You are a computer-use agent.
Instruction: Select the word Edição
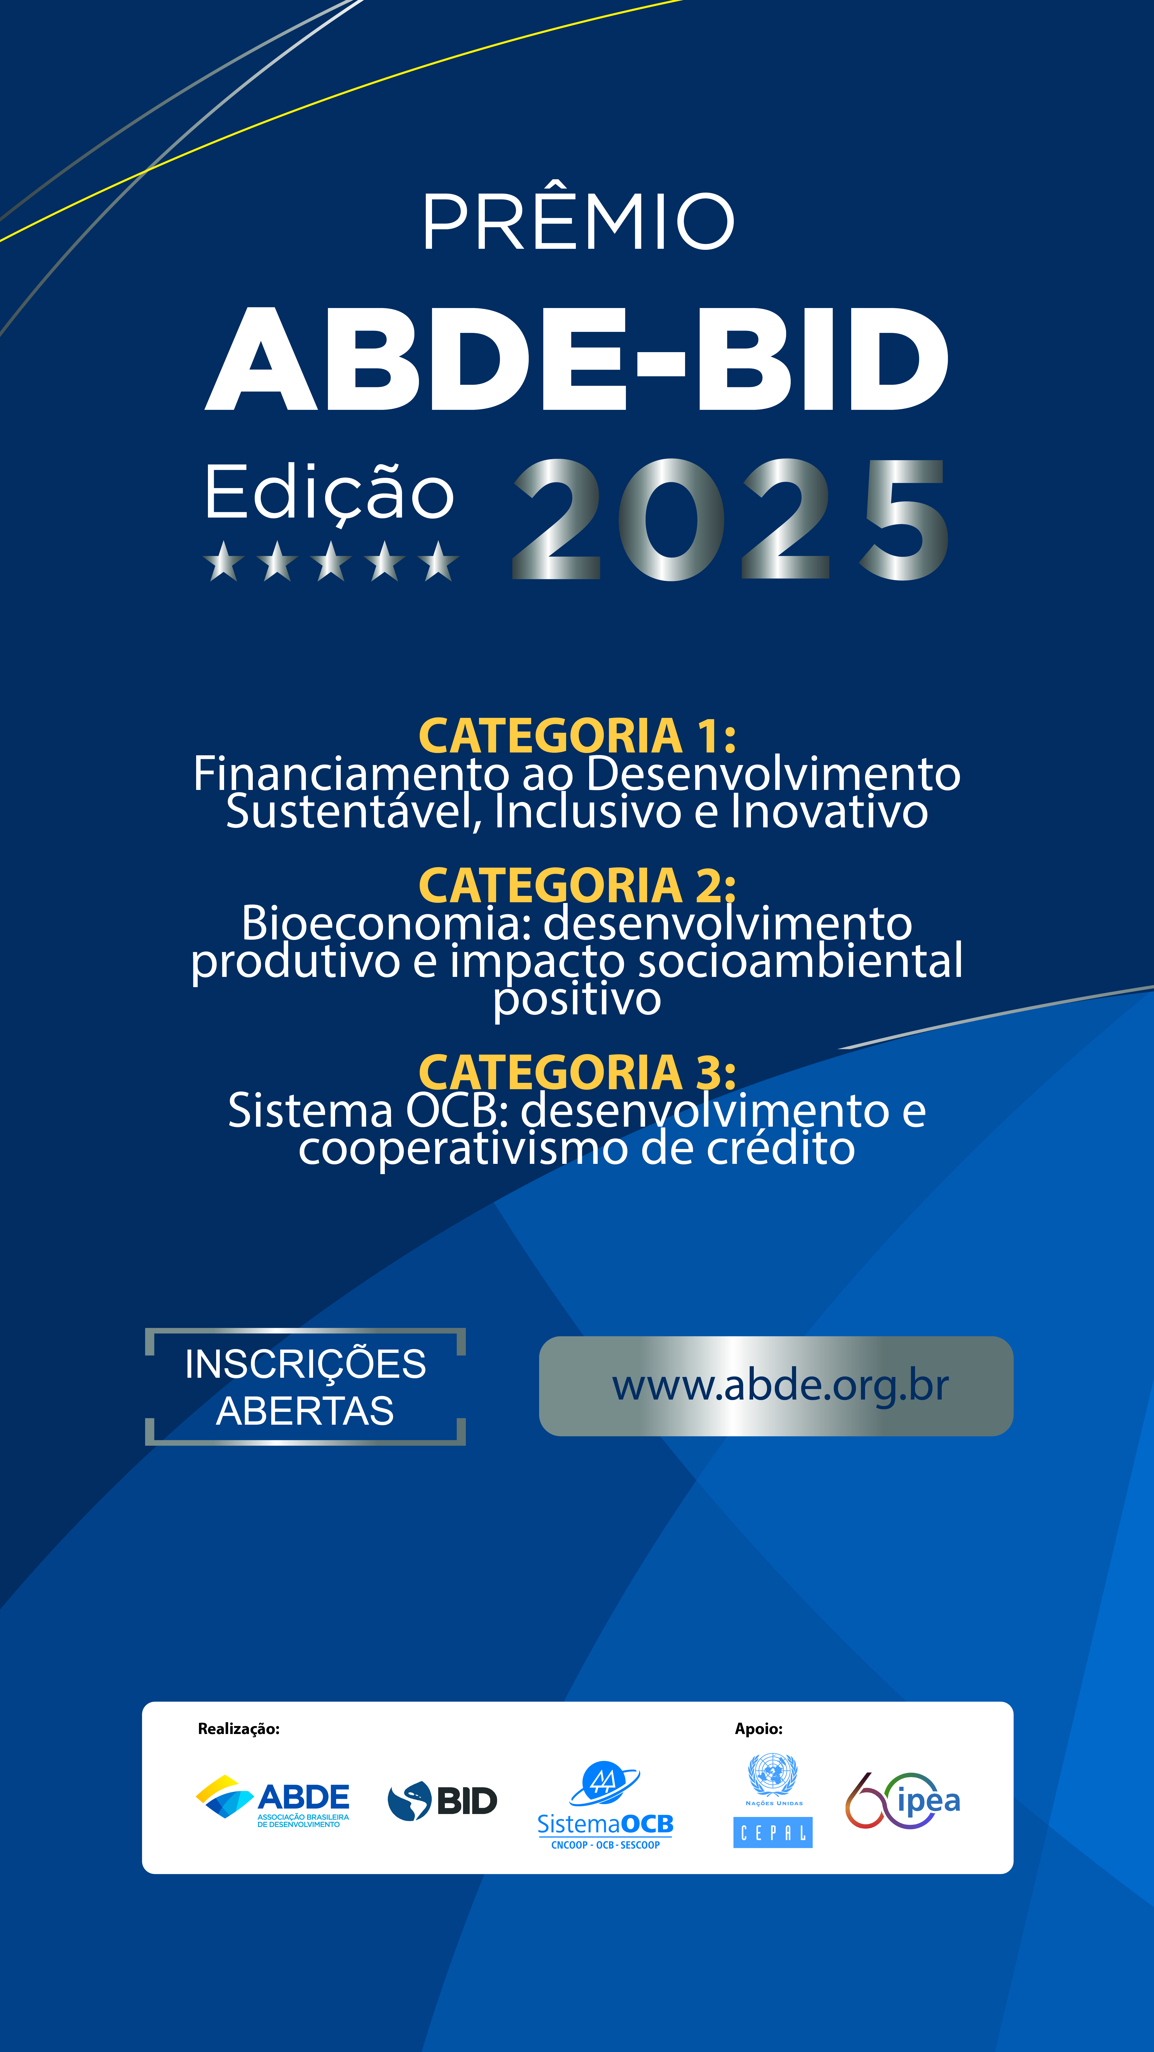tap(329, 494)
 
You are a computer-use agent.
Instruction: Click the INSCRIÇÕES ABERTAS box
tap(305, 1387)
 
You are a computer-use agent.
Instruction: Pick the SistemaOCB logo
tap(605, 1805)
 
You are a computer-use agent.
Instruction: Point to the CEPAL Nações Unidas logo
tap(772, 1800)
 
